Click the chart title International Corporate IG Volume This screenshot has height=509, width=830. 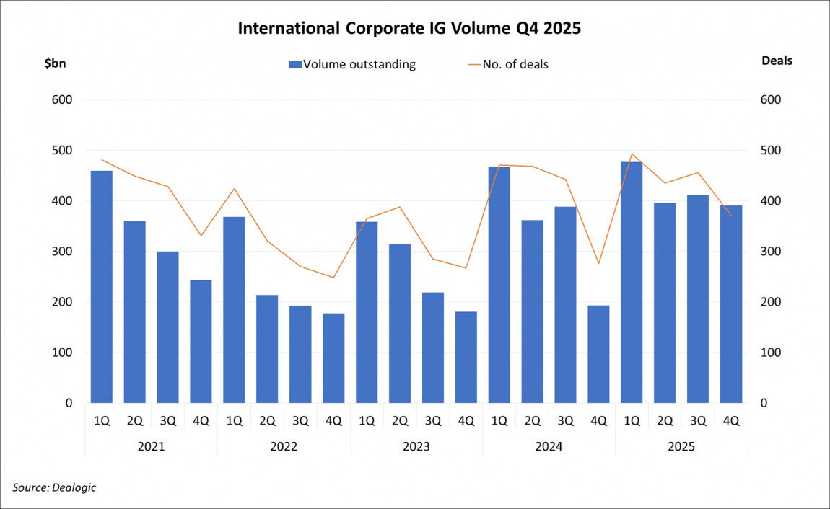(409, 30)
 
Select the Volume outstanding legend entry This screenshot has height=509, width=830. (351, 64)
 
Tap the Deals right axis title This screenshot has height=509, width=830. (777, 61)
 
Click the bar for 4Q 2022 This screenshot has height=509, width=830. (333, 358)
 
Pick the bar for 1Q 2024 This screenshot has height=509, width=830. (499, 285)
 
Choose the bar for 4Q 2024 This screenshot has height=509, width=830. (598, 354)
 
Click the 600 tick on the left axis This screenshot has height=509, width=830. (64, 100)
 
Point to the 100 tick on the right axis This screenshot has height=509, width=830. (770, 353)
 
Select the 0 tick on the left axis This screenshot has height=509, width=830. (69, 403)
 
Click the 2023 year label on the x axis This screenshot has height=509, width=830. (416, 446)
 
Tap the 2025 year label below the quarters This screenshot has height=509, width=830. (681, 446)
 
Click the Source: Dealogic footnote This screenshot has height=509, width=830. (54, 487)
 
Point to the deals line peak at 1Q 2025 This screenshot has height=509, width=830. (632, 154)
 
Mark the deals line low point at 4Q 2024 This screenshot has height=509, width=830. (598, 263)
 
